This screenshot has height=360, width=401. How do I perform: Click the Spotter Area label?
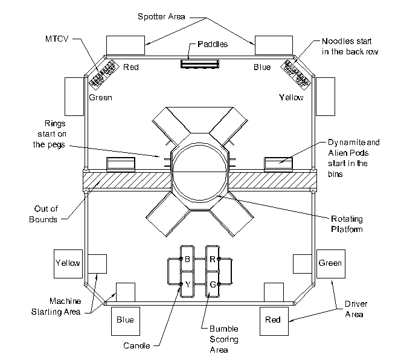[x=161, y=17]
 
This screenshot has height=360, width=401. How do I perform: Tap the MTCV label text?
[x=57, y=39]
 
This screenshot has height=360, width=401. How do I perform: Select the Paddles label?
[x=213, y=44]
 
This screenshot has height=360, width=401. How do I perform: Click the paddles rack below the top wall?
[x=200, y=64]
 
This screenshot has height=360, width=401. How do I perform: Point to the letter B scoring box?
[x=187, y=259]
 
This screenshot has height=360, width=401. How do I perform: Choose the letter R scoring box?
[x=213, y=259]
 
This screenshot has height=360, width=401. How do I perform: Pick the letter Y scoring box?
[x=187, y=284]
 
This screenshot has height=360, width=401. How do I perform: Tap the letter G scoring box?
[x=213, y=284]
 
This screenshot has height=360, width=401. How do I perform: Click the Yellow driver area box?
[x=68, y=264]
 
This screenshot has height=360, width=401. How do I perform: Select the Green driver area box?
[x=331, y=264]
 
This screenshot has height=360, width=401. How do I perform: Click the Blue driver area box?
[x=126, y=321]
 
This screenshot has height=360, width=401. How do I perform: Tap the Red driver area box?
[x=274, y=321]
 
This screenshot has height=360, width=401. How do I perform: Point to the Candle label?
[x=136, y=346]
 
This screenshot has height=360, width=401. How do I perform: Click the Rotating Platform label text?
[x=347, y=224]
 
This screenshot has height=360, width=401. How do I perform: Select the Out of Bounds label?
[x=43, y=214]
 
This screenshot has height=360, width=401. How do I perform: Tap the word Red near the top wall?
[x=131, y=67]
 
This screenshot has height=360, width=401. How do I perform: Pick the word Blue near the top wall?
[x=262, y=67]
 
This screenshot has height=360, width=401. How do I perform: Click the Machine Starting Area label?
[x=56, y=306]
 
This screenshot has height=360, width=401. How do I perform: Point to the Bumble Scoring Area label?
[x=224, y=339]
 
